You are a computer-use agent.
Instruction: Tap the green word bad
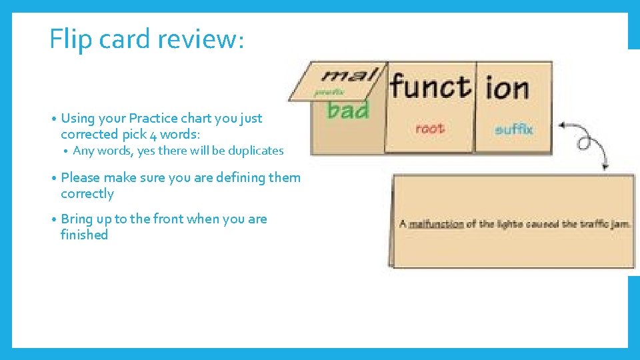[348, 109]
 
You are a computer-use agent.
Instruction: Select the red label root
[429, 128]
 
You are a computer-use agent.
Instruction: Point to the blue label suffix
[514, 129]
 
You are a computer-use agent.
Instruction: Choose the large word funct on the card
[430, 87]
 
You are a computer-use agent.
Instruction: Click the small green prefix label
[329, 93]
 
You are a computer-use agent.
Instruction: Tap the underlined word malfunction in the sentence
[436, 224]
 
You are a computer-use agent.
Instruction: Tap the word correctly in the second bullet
[87, 194]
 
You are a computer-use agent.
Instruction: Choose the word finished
[84, 235]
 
